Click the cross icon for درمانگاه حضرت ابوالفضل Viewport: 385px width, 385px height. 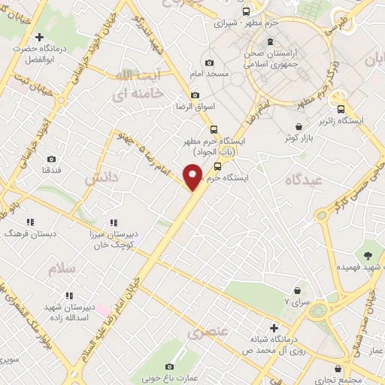(39, 36)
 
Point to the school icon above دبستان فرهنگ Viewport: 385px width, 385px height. (30, 222)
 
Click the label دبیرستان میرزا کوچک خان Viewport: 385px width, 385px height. (114, 240)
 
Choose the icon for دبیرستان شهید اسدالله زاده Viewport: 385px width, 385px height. (69, 296)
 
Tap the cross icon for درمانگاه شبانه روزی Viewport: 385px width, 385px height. (274, 328)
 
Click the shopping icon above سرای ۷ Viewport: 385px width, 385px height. (299, 290)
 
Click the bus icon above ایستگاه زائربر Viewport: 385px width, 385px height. (341, 108)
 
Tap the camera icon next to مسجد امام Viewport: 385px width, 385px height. (209, 62)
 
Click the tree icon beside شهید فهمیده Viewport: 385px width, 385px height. (368, 256)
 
